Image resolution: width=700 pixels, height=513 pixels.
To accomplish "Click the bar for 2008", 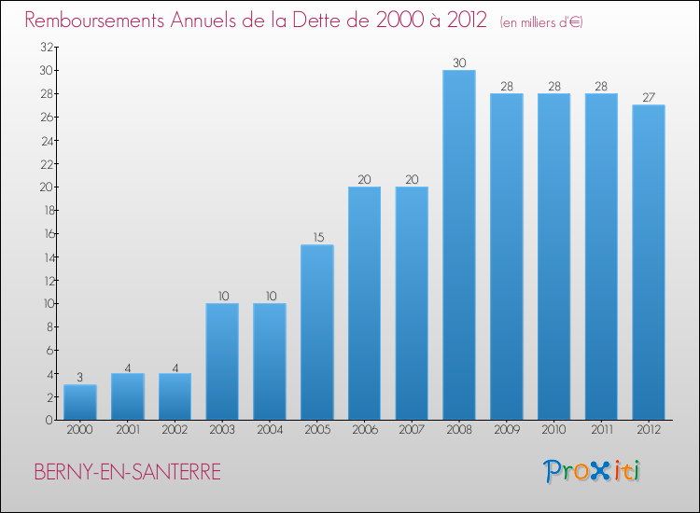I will tap(459, 245).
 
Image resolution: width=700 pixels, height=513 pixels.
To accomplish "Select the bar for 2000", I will tap(80, 402).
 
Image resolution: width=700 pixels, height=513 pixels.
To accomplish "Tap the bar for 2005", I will tap(317, 332).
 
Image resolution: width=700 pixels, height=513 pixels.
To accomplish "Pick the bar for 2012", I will tap(649, 262).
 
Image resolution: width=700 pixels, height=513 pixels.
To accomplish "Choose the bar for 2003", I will tap(222, 361).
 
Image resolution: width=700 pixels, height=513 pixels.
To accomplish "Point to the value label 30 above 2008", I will tap(459, 63).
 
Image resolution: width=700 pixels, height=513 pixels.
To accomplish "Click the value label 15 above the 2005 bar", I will tap(317, 238).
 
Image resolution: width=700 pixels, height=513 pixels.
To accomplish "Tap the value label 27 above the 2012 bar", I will tap(649, 98).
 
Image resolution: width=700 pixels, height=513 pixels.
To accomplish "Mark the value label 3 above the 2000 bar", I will tap(80, 378).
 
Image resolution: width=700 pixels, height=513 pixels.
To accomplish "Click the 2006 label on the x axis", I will tap(364, 431).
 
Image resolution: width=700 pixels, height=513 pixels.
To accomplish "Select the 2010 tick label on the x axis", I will tap(553, 431).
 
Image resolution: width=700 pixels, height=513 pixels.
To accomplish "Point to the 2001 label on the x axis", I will tap(128, 431).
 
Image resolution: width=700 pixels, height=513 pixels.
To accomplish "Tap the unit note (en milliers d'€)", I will tap(541, 21).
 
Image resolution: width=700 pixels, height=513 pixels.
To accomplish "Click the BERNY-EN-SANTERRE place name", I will tap(128, 473).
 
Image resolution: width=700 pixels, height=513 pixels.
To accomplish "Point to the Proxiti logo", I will tap(593, 471).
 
